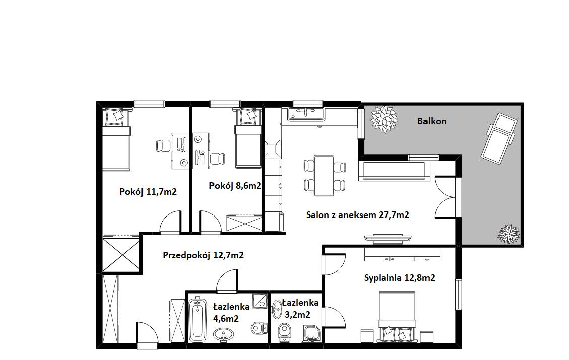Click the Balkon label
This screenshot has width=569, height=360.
point(432,121)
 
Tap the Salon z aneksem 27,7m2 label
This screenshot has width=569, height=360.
point(358,215)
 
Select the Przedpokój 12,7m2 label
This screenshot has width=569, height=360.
point(203,255)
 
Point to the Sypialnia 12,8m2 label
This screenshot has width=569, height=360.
point(399,278)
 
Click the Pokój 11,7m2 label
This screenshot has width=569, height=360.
point(148,192)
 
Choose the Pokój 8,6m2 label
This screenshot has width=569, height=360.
point(235,186)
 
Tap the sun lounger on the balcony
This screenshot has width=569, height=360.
point(498,138)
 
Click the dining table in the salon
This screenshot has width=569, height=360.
point(324,176)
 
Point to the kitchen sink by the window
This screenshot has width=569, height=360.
point(306,114)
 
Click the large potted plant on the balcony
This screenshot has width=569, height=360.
point(383,119)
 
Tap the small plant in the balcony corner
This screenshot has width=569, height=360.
point(509,234)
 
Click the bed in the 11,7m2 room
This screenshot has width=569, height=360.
point(116,139)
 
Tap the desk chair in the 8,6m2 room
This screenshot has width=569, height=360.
point(217,159)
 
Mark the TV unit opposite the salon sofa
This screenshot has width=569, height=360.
point(388,238)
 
